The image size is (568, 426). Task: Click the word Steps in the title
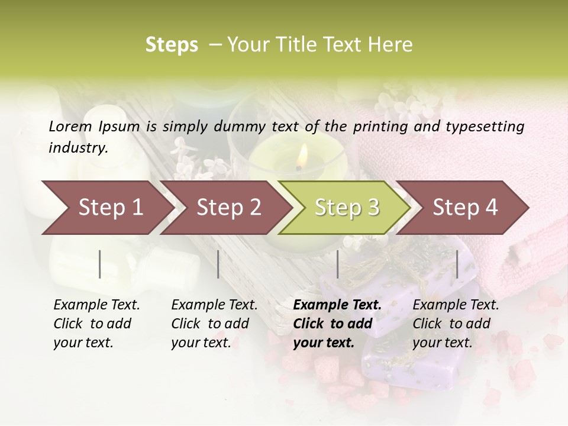[172, 45]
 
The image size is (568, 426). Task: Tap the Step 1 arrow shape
[106, 208]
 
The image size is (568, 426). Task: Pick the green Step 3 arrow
[346, 208]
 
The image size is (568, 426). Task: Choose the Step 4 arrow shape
[464, 208]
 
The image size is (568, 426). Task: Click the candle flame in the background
[302, 156]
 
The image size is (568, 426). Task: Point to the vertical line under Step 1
[100, 264]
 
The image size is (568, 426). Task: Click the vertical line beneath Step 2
[218, 264]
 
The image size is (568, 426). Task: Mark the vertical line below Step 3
[337, 264]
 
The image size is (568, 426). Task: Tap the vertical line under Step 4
[457, 264]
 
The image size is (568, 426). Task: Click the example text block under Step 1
[96, 324]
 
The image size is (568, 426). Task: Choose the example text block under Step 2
[214, 324]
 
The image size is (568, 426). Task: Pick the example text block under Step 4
[456, 324]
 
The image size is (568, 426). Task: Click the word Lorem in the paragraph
[70, 126]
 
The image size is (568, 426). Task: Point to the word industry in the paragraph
[78, 147]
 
